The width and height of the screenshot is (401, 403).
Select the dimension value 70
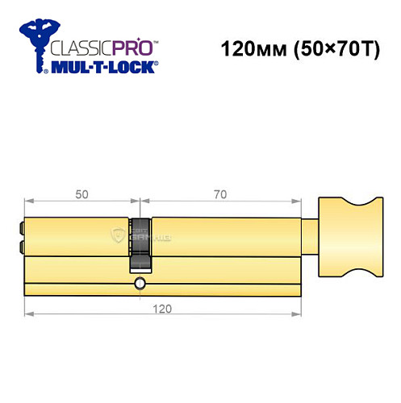(x=219, y=193)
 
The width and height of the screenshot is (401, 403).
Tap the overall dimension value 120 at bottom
(x=163, y=308)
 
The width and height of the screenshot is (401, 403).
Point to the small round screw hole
(x=141, y=283)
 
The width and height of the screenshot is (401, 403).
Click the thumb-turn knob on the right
(x=347, y=235)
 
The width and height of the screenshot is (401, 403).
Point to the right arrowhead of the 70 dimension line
(x=298, y=201)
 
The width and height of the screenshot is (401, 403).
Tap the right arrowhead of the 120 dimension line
(x=298, y=314)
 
